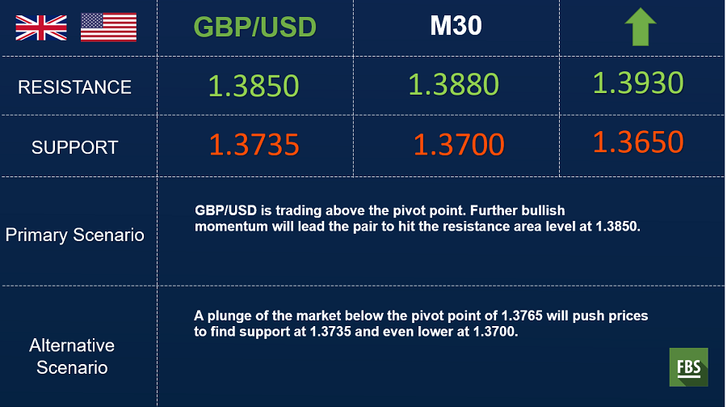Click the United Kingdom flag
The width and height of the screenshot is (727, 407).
click(x=41, y=28)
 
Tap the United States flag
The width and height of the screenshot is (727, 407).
click(x=108, y=28)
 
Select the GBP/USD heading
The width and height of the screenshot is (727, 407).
click(x=255, y=27)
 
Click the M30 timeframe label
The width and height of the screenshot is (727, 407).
click(x=456, y=26)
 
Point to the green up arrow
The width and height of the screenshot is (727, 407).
click(x=641, y=27)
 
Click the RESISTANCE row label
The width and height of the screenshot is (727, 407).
click(x=74, y=87)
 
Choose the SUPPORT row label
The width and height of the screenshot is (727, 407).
click(x=74, y=148)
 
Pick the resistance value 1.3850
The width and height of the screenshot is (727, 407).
click(x=254, y=86)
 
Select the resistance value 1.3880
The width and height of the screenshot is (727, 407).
click(x=453, y=85)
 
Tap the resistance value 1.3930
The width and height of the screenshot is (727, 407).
click(x=638, y=83)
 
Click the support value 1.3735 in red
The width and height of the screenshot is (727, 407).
click(x=254, y=145)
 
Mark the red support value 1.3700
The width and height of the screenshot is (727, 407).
click(x=459, y=145)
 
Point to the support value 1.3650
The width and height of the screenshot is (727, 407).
click(x=638, y=142)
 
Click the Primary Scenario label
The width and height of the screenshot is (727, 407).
click(x=74, y=235)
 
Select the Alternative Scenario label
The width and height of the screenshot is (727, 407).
click(x=72, y=356)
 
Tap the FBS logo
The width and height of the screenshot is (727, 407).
click(x=688, y=367)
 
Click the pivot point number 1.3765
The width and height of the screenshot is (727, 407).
click(x=522, y=316)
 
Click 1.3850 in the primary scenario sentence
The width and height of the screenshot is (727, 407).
click(x=618, y=227)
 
